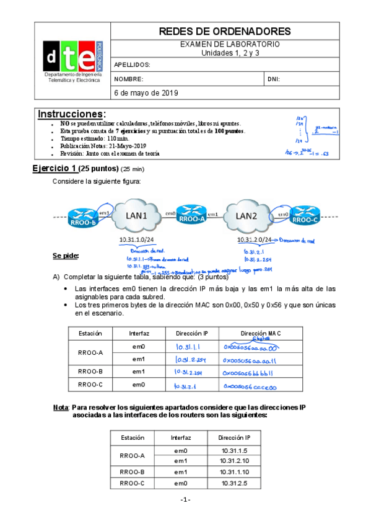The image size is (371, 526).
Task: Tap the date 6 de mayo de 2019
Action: pyautogui.click(x=146, y=92)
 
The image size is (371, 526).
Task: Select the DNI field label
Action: pyautogui.click(x=274, y=79)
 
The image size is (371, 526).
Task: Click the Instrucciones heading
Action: pyautogui.click(x=72, y=114)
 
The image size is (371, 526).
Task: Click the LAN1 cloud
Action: pyautogui.click(x=137, y=216)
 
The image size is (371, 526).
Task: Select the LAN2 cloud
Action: pyautogui.click(x=248, y=216)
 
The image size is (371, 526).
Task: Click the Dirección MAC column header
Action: pyautogui.click(x=261, y=333)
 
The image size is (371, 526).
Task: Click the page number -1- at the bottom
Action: pyautogui.click(x=185, y=500)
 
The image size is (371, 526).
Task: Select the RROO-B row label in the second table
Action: pyautogui.click(x=131, y=472)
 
